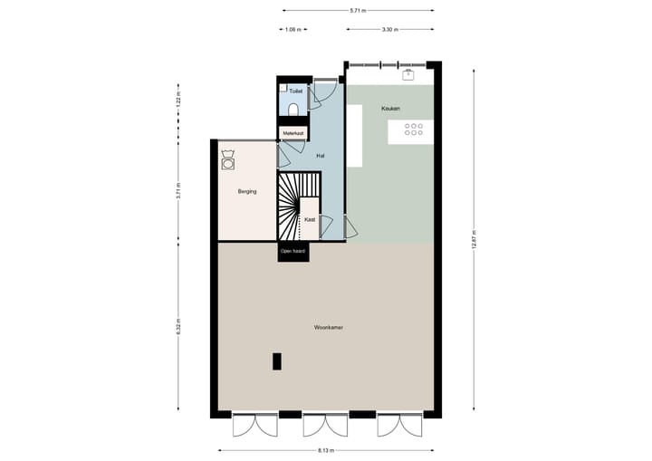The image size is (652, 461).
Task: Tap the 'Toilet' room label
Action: (295, 91)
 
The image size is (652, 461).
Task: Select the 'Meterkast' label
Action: (293, 133)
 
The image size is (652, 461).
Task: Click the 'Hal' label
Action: (321, 156)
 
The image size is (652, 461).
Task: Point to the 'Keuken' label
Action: (390, 109)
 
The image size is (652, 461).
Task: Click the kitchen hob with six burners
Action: (414, 130)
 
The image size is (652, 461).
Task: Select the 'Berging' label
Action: (247, 191)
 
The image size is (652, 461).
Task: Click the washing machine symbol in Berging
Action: (227, 164)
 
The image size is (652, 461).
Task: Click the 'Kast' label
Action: (310, 220)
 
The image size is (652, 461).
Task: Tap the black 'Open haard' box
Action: (293, 251)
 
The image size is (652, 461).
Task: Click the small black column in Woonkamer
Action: (276, 360)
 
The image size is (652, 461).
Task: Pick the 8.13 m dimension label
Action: (326, 450)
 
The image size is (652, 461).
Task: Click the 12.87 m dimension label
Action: (474, 239)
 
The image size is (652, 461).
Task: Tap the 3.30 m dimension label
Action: (388, 30)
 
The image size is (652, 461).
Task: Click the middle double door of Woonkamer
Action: (325, 426)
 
